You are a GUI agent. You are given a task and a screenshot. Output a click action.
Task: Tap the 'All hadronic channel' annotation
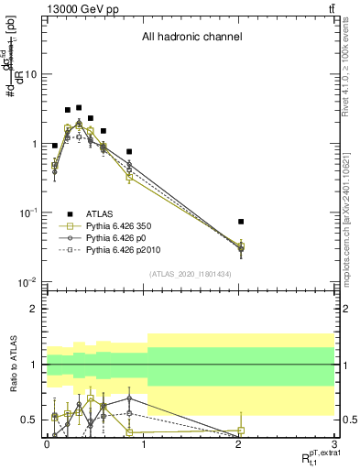[x=191, y=38]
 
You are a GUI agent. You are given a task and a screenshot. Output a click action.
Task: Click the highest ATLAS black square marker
[x=79, y=108]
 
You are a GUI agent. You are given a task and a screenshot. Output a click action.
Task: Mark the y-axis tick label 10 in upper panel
[x=29, y=75]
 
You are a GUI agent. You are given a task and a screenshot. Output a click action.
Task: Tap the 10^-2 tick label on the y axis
[x=27, y=282]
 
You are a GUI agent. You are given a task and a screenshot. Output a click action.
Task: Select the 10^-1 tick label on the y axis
[x=27, y=213]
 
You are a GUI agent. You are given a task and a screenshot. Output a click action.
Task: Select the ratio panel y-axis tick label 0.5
[x=31, y=420]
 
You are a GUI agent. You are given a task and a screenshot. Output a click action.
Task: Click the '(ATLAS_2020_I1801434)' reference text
[x=190, y=274]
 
